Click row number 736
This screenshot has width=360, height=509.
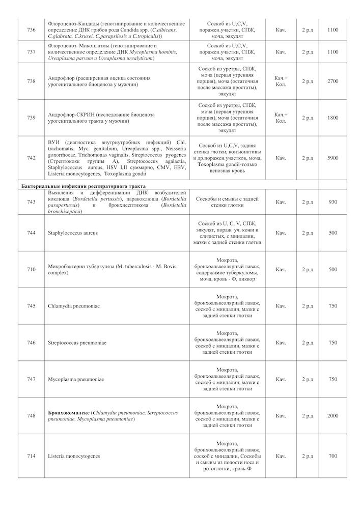(32, 30)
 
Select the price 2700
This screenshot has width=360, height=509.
(333, 81)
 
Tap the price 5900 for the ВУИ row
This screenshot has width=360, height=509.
(333, 158)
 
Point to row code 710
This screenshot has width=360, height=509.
(32, 269)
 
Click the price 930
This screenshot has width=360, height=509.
(333, 202)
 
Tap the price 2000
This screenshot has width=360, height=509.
(333, 416)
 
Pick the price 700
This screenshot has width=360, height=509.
(333, 456)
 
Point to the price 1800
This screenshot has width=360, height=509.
(333, 118)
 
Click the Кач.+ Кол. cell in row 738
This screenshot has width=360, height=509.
(281, 81)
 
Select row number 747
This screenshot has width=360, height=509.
(32, 379)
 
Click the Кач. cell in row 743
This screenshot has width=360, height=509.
(281, 202)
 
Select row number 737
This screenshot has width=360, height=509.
(32, 52)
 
